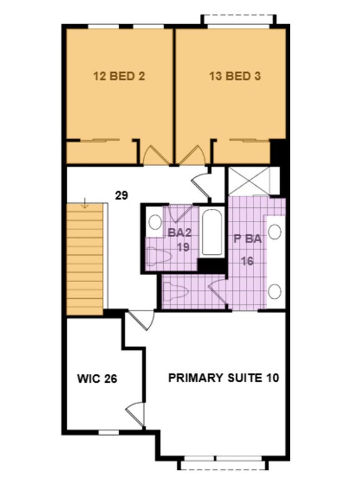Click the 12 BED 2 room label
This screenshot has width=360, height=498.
[x=119, y=76]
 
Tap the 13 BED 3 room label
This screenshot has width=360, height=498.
[x=235, y=76]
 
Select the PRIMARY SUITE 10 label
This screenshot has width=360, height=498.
[x=224, y=378]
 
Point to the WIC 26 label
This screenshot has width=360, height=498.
[x=97, y=378]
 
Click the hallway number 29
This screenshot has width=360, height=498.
[x=121, y=195]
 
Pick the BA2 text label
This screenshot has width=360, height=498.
[x=179, y=232]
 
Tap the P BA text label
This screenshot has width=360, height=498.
[x=247, y=239]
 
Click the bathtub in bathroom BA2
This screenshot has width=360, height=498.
[x=212, y=232]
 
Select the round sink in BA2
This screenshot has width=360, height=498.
[x=155, y=222]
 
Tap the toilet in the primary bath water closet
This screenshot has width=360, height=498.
[x=176, y=291]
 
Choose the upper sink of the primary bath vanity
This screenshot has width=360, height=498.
[x=275, y=232]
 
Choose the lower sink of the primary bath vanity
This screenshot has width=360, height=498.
[x=275, y=291]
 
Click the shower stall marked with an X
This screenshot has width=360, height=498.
[x=249, y=181]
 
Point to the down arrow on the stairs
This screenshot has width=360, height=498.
[x=85, y=203]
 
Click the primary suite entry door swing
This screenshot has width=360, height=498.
[x=141, y=321]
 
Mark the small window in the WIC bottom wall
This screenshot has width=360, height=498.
[x=108, y=432]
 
